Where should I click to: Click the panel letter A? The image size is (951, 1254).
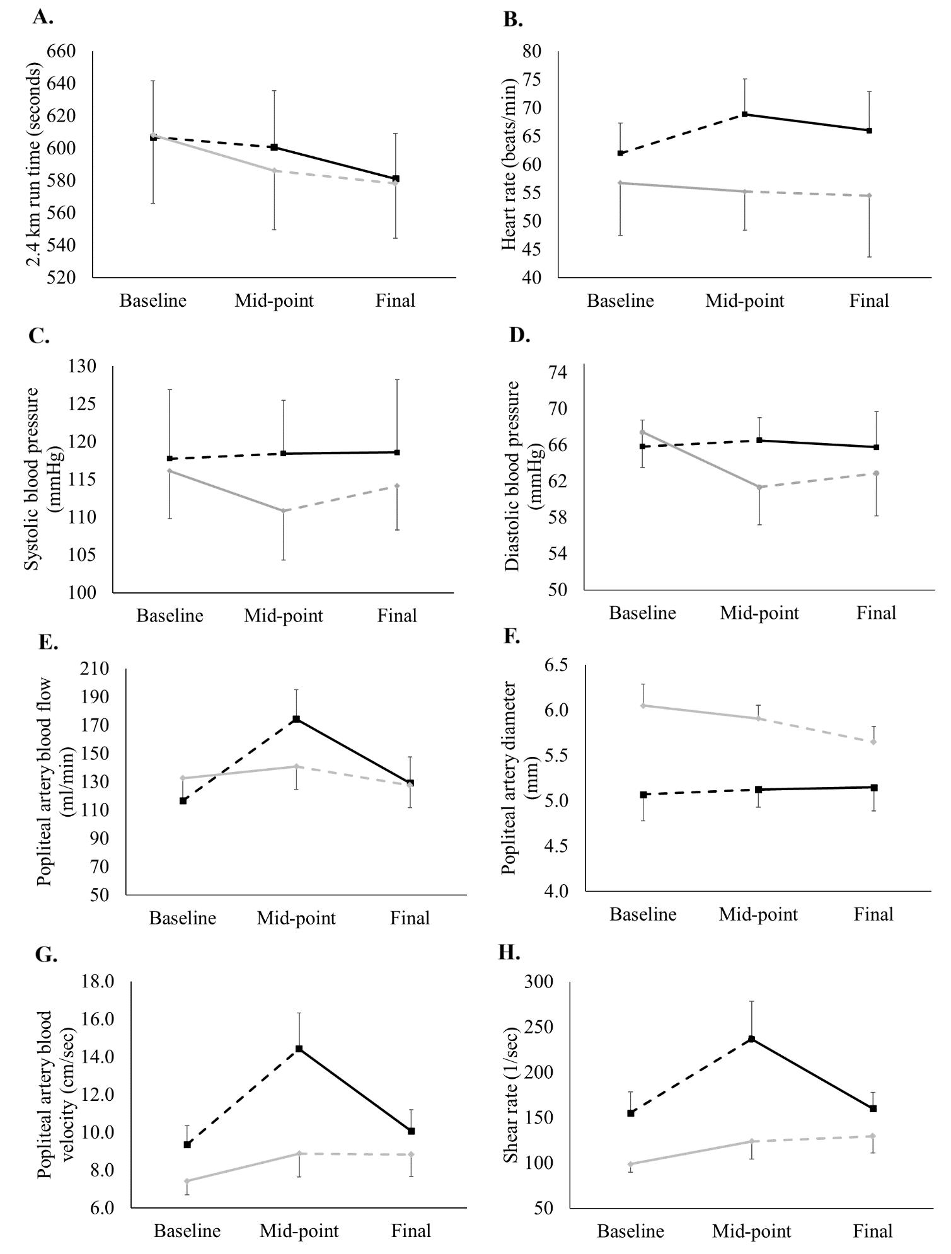coord(42,18)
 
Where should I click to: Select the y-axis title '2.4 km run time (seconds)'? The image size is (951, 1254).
coord(35,165)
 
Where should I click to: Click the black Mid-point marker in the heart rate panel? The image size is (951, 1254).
coord(744,114)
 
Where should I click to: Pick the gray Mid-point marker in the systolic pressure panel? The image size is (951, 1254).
coord(283,510)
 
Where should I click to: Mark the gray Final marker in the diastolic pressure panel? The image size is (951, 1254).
coord(876,473)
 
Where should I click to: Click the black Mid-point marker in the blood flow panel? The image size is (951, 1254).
coord(296,719)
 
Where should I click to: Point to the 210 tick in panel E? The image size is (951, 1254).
coord(95,669)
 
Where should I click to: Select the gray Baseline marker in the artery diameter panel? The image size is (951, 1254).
coord(643,705)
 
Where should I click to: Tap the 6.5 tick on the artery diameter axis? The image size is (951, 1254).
coord(555,665)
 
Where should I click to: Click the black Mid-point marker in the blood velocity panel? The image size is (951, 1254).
coord(299,1049)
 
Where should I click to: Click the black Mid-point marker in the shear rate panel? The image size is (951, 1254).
coord(751,1038)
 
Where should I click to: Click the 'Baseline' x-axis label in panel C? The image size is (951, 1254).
coord(170,615)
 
